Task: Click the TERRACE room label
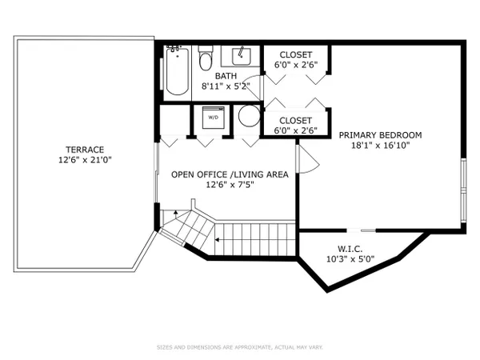[85, 150]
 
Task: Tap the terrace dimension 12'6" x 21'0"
[85, 160]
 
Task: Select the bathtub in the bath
[178, 71]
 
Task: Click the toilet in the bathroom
[205, 58]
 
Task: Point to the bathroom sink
[242, 56]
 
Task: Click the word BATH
[226, 76]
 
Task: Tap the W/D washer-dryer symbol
[214, 118]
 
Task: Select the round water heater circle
[249, 116]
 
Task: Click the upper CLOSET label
[296, 54]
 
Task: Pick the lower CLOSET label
[295, 121]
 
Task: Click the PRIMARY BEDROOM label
[380, 135]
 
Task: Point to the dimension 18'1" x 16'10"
[380, 145]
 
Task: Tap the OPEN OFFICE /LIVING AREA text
[230, 174]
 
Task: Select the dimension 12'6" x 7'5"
[230, 185]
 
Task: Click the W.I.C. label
[350, 249]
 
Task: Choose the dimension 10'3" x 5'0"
[350, 259]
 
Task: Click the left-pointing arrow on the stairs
[217, 240]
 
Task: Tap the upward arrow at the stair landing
[176, 212]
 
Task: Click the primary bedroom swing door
[308, 159]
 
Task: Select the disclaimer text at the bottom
[240, 347]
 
